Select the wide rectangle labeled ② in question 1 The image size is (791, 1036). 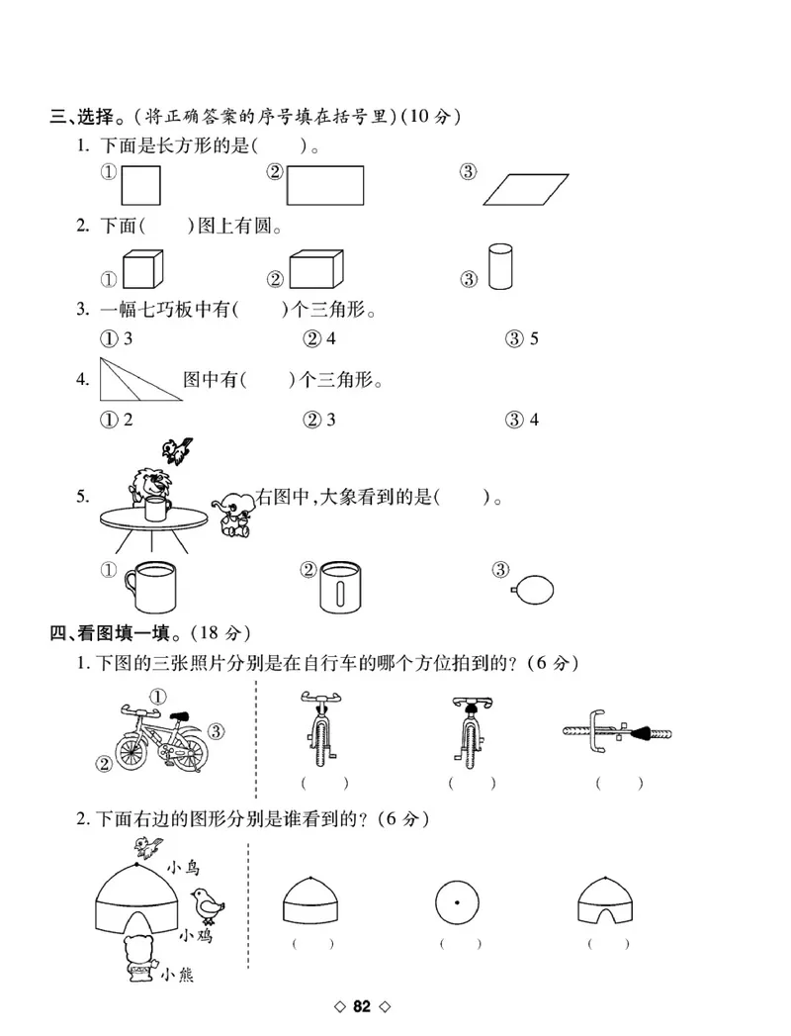point(325,185)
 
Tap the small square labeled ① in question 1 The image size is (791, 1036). point(140,185)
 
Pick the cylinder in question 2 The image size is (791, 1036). point(501,267)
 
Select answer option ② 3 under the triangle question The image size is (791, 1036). point(319,420)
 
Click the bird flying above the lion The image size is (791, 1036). point(178,450)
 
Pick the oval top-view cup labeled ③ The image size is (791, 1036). point(531,590)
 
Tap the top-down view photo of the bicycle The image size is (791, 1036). point(618,734)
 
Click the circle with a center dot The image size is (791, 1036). point(456,903)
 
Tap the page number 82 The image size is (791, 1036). point(362,1007)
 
